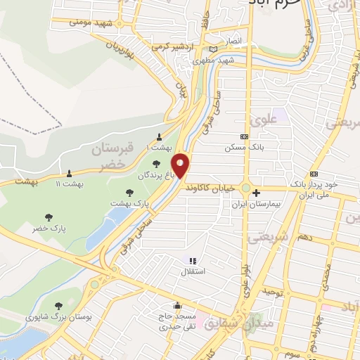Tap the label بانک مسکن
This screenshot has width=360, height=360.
(238, 148)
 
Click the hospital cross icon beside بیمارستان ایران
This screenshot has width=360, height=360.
(256, 192)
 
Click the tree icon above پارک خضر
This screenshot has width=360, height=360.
(49, 217)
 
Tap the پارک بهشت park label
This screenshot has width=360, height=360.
(130, 203)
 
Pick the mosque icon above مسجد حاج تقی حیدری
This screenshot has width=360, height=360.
(178, 306)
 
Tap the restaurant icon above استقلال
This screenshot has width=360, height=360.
(192, 261)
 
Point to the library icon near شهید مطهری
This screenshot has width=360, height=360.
(213, 49)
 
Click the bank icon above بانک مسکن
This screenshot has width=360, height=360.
(244, 136)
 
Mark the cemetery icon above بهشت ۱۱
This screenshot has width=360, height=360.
(69, 173)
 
